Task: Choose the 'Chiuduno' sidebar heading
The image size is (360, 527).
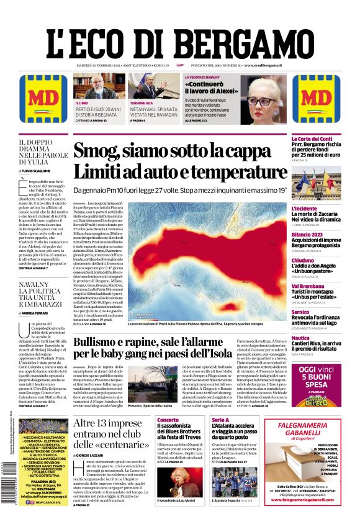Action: pyautogui.click(x=304, y=260)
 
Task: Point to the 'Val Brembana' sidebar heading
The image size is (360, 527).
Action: pyautogui.click(x=308, y=286)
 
